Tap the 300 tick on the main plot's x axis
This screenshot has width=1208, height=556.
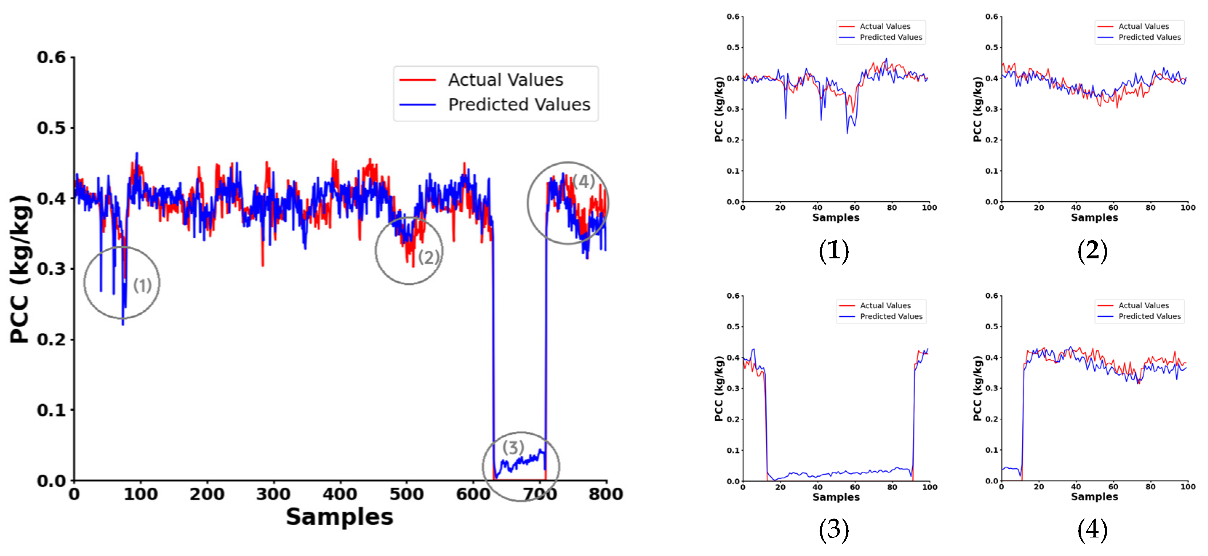point(273,493)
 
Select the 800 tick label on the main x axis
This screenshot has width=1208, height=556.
point(605,493)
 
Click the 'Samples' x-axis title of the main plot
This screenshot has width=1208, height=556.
point(340,517)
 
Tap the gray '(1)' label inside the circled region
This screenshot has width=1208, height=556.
point(142,285)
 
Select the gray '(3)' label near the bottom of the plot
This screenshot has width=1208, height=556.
point(513,447)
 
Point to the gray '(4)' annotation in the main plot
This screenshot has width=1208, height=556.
point(583,181)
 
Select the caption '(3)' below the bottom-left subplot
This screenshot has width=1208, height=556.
point(833,530)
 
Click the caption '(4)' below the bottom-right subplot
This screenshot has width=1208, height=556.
point(1092,530)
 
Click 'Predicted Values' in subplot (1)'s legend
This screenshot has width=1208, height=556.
point(891,37)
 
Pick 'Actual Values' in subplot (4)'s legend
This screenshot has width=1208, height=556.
point(1143,305)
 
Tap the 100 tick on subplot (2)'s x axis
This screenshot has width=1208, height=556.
point(1187,207)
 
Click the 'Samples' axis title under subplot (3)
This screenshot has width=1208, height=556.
point(836,496)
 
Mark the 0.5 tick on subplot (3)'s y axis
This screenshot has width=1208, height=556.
point(733,326)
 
